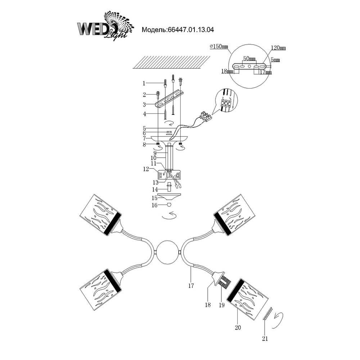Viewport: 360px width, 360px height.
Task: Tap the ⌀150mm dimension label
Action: click(x=219, y=47)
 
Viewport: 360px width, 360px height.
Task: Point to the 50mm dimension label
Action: click(x=249, y=59)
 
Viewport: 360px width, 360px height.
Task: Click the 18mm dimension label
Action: click(x=227, y=72)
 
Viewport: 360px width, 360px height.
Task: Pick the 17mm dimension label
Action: click(x=266, y=72)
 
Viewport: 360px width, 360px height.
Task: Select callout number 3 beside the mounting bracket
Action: click(x=144, y=105)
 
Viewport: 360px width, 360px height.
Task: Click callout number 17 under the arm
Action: click(x=191, y=286)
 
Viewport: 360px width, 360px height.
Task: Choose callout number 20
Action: click(x=238, y=327)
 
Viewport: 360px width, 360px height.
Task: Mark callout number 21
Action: click(x=265, y=338)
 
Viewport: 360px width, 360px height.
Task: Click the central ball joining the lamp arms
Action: click(x=168, y=252)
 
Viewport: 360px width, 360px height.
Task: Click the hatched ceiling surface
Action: click(x=171, y=62)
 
